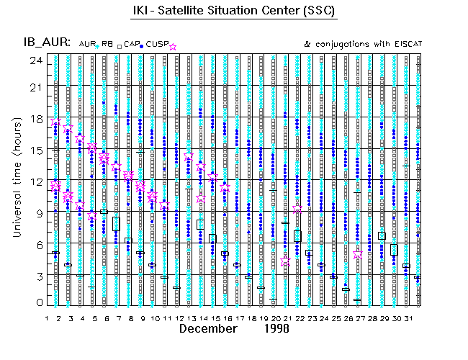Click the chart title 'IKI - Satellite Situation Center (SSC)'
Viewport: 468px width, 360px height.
click(x=235, y=12)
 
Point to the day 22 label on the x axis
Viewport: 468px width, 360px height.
click(x=298, y=318)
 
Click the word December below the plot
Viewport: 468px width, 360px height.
click(x=208, y=329)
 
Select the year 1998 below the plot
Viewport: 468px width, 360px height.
click(x=276, y=329)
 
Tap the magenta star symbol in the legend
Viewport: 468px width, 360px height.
click(x=172, y=46)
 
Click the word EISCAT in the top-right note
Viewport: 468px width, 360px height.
click(x=408, y=45)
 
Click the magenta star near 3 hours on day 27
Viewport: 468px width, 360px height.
click(x=358, y=255)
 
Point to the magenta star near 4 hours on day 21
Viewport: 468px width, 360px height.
click(x=286, y=262)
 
